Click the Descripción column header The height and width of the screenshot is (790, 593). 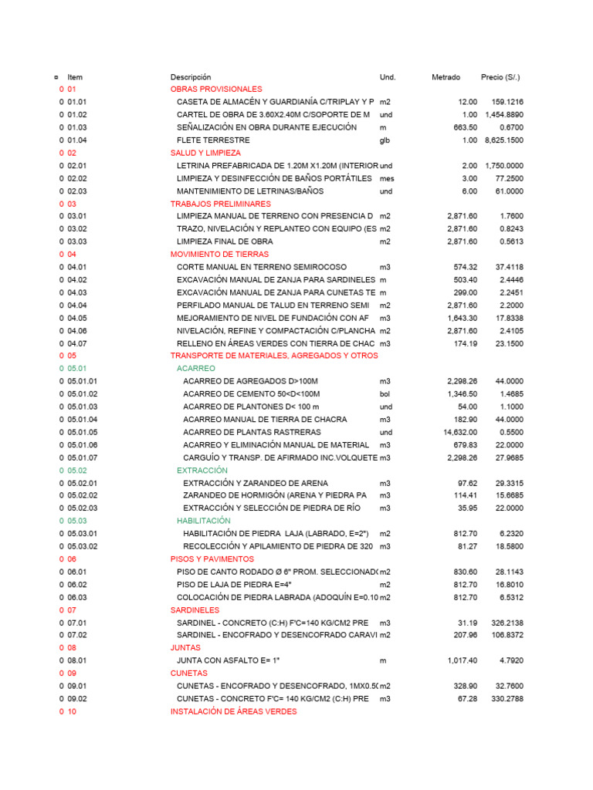(x=190, y=77)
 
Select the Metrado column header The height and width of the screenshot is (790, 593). (x=446, y=77)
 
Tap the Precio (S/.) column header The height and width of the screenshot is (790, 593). (x=500, y=77)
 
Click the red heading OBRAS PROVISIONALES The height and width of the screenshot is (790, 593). (x=216, y=89)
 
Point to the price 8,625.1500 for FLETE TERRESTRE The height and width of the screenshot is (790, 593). (x=504, y=140)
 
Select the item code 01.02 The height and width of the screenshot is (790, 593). (x=77, y=115)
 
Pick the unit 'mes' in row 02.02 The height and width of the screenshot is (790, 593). (x=387, y=178)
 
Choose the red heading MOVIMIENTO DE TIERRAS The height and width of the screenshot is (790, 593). (x=219, y=254)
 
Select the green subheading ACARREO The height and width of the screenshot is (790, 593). (x=196, y=369)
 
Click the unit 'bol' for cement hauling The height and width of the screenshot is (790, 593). (x=385, y=393)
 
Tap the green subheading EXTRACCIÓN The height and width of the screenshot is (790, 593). (x=202, y=470)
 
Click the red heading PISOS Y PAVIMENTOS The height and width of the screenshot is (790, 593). (x=212, y=559)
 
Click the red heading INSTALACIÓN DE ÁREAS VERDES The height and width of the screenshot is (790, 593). (x=233, y=711)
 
